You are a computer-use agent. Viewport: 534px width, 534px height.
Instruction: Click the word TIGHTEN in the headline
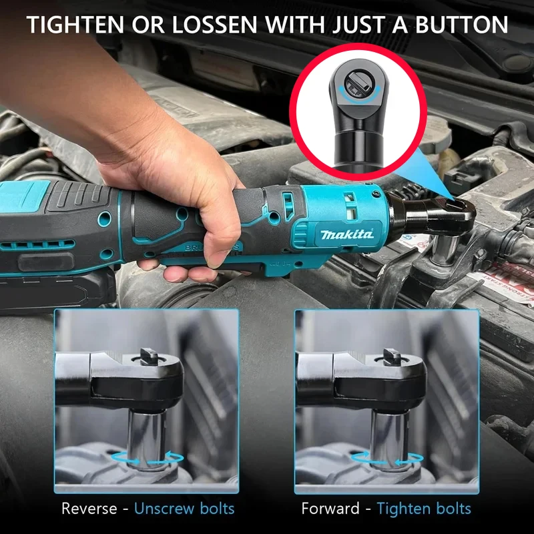75,25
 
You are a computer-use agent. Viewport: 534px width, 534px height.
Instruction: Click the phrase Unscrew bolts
184,509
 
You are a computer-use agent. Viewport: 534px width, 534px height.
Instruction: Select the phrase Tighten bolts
424,509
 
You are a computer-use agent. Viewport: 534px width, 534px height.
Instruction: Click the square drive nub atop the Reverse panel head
148,356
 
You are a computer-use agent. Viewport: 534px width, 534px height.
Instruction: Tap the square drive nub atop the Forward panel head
388,356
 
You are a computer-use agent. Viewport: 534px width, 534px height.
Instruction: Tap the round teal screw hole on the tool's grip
103,220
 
